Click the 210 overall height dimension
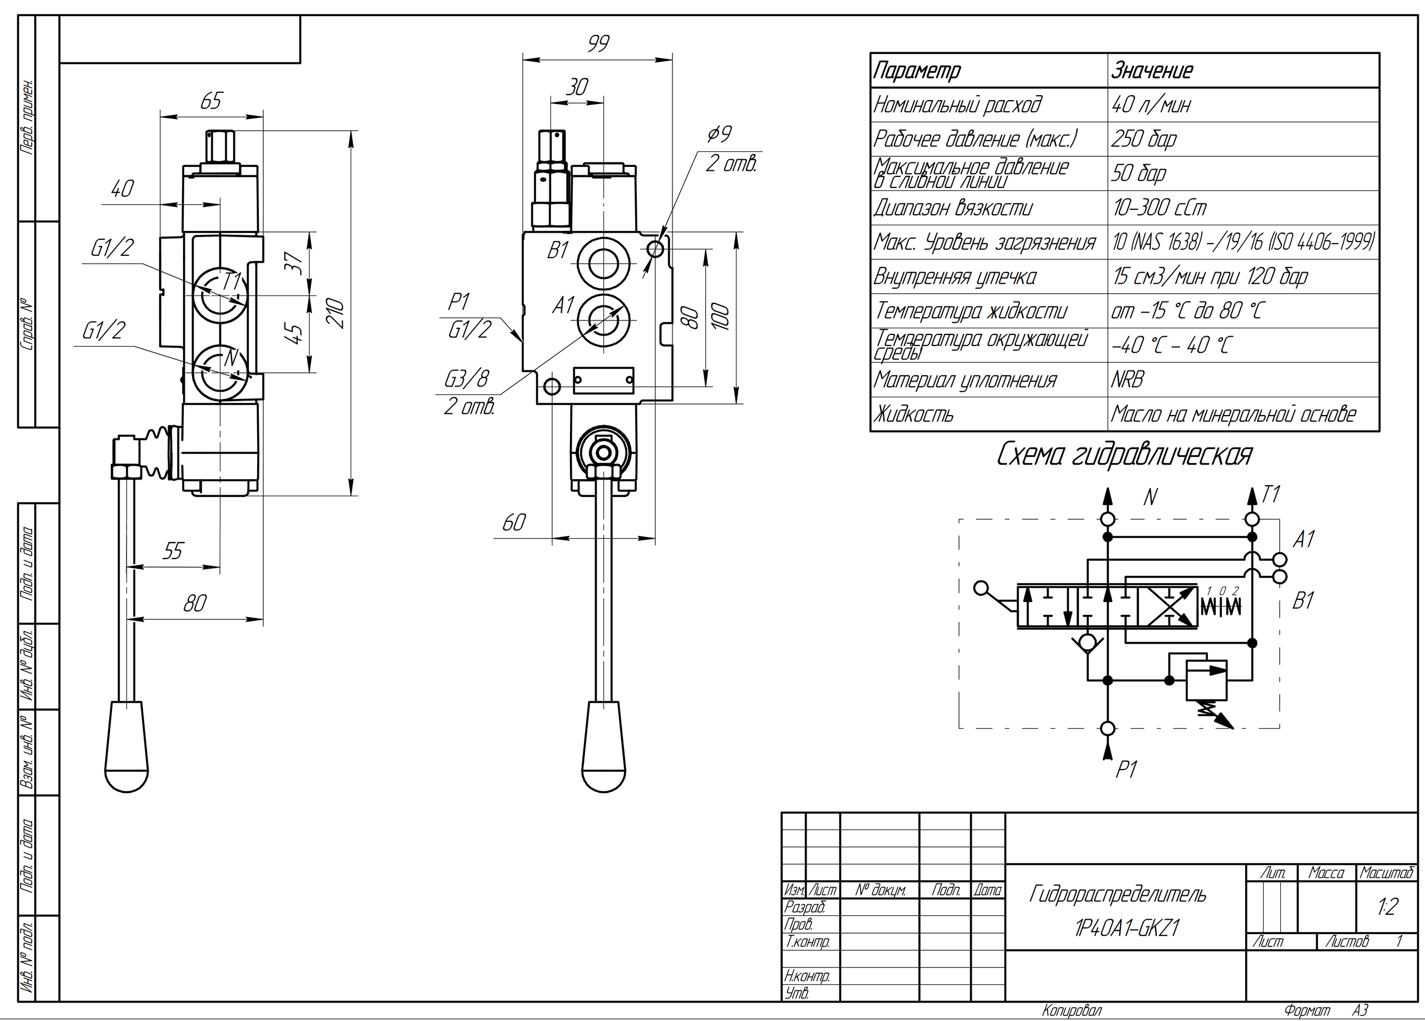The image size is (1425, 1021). (337, 313)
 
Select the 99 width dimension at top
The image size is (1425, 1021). (598, 43)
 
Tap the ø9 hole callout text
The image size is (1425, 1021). (719, 134)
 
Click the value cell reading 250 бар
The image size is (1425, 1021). (1143, 139)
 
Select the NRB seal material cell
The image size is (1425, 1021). (1127, 380)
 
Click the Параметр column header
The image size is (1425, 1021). (917, 70)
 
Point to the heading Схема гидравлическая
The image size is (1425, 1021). (1124, 455)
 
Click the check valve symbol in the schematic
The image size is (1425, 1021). (1088, 642)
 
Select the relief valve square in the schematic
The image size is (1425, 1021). (1206, 680)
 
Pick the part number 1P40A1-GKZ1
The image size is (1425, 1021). (1126, 928)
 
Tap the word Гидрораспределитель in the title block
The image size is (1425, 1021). (1117, 894)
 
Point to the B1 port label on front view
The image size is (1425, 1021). (557, 251)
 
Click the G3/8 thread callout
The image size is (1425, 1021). (466, 379)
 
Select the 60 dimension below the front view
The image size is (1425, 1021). (513, 522)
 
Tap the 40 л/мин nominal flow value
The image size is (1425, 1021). (1151, 104)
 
